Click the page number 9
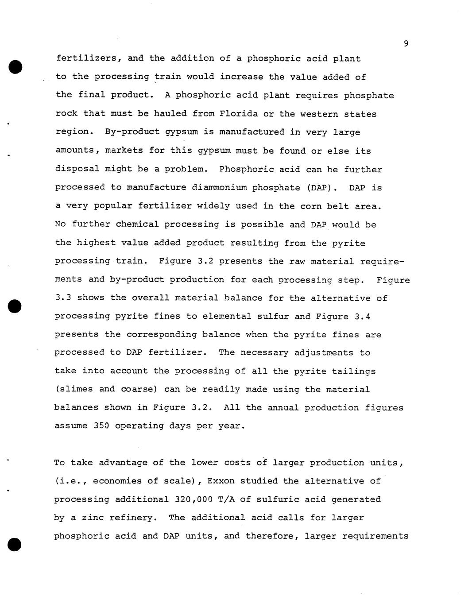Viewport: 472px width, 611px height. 406,43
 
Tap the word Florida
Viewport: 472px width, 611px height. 238,114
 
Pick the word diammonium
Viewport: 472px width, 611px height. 220,188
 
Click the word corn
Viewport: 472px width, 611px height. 310,206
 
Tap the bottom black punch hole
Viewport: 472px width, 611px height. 15,544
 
